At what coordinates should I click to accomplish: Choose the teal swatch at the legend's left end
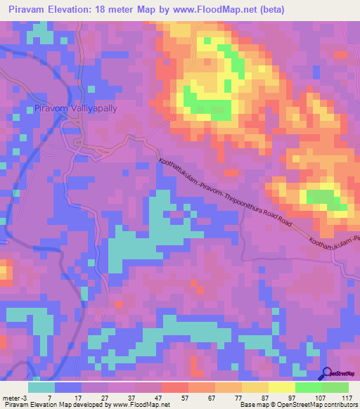(x=41, y=387)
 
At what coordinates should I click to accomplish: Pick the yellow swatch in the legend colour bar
(x=281, y=387)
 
